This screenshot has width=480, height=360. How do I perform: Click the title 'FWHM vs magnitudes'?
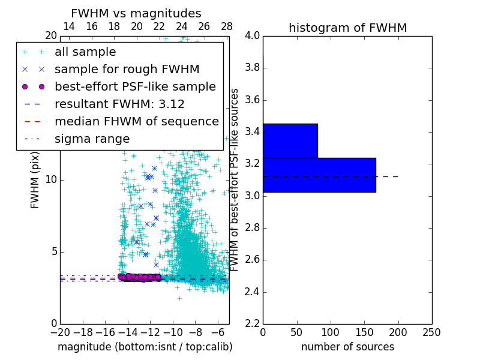coord(136,13)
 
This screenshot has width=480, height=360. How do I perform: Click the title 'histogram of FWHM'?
coord(347,28)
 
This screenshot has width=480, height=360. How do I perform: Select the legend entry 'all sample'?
coord(85,52)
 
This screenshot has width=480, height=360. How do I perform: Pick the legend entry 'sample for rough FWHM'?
coord(119,69)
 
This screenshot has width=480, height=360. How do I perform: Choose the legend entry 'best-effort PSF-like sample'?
coord(135,86)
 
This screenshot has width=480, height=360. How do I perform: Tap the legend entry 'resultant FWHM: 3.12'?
coord(119,104)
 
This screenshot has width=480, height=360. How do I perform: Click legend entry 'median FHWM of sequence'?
coord(136,121)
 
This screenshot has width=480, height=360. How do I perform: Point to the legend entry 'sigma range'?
coord(92,139)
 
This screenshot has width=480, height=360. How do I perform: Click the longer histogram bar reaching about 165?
coord(319,175)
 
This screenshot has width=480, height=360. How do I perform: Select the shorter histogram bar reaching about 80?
coord(290,141)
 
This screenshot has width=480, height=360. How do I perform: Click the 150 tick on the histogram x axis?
coord(364,332)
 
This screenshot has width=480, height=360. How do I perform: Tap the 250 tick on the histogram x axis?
coord(431,332)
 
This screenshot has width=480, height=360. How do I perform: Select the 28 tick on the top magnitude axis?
coord(227,26)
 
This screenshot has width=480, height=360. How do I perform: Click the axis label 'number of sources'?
coord(347,347)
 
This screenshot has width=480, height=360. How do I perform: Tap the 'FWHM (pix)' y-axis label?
coord(35,180)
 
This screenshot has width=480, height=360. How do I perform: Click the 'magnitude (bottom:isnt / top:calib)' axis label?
coord(145,347)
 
